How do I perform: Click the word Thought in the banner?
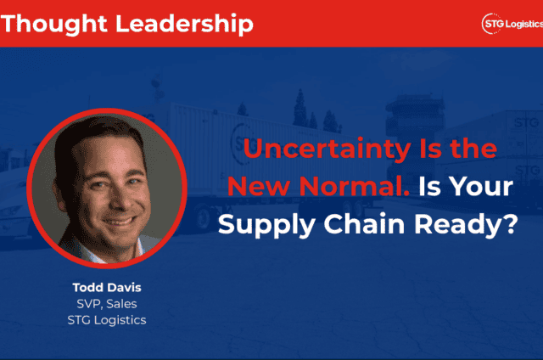[x=54, y=25]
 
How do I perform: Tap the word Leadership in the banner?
[x=184, y=25]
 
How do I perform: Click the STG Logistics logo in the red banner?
[x=512, y=24]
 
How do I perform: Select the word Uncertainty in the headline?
[x=327, y=149]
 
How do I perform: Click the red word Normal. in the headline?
[x=355, y=187]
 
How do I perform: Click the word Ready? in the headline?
[x=466, y=226]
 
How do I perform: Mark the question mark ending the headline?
[x=512, y=223]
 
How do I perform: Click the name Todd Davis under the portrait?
[x=107, y=287]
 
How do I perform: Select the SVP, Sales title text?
[x=107, y=304]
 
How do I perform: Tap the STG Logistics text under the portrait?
[x=107, y=320]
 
